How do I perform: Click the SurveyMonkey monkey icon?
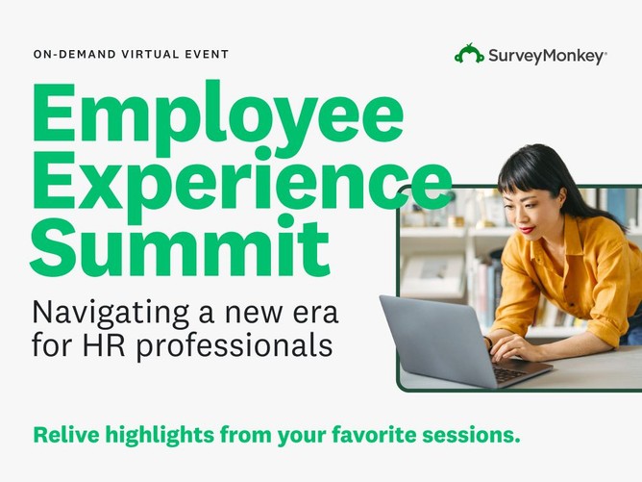[x=469, y=54]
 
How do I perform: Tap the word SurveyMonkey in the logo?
[x=546, y=56]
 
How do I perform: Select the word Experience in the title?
[x=241, y=180]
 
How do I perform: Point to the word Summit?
[x=180, y=245]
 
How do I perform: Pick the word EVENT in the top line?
[x=207, y=54]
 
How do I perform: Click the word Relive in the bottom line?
[x=66, y=435]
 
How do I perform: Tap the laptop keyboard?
[x=509, y=372]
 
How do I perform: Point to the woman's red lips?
[x=528, y=230]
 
